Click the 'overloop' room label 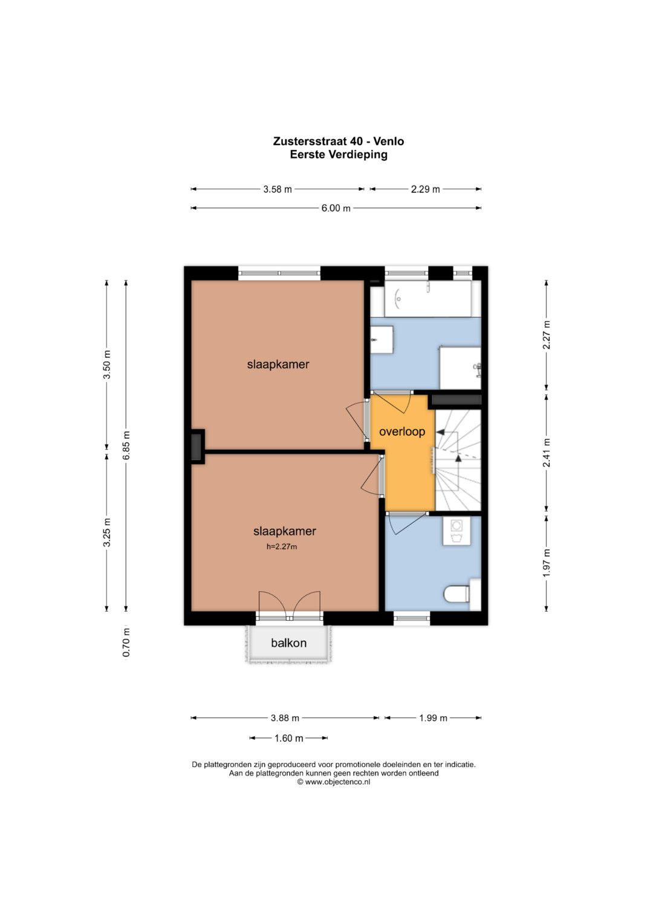click(x=402, y=432)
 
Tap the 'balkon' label click(x=288, y=643)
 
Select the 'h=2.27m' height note click(x=282, y=547)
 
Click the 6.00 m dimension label click(x=336, y=208)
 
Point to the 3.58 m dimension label click(x=278, y=189)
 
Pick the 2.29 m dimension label click(x=426, y=189)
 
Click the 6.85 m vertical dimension click(x=126, y=446)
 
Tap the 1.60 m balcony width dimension click(x=288, y=738)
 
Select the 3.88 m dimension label click(x=285, y=718)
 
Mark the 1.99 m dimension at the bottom click(x=434, y=718)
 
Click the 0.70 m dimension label click(x=126, y=643)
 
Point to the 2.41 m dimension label click(x=547, y=453)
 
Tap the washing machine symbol click(x=456, y=531)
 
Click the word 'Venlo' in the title click(x=388, y=141)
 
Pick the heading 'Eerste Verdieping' click(x=339, y=155)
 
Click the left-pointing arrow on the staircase click(x=440, y=432)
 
